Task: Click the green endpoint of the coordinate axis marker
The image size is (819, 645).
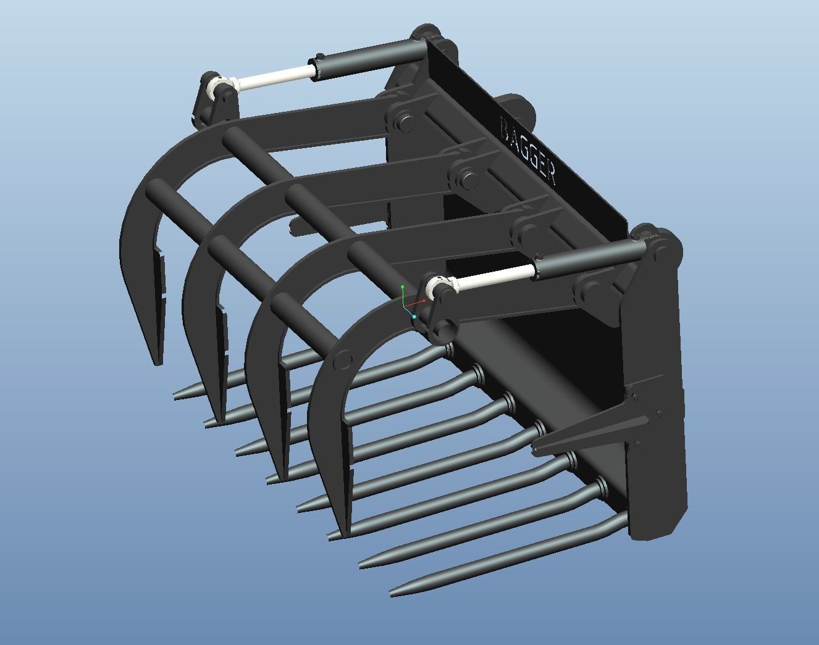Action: click(x=403, y=287)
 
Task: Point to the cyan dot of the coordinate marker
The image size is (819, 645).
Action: click(x=414, y=317)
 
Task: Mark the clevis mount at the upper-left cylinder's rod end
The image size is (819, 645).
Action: click(x=212, y=99)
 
